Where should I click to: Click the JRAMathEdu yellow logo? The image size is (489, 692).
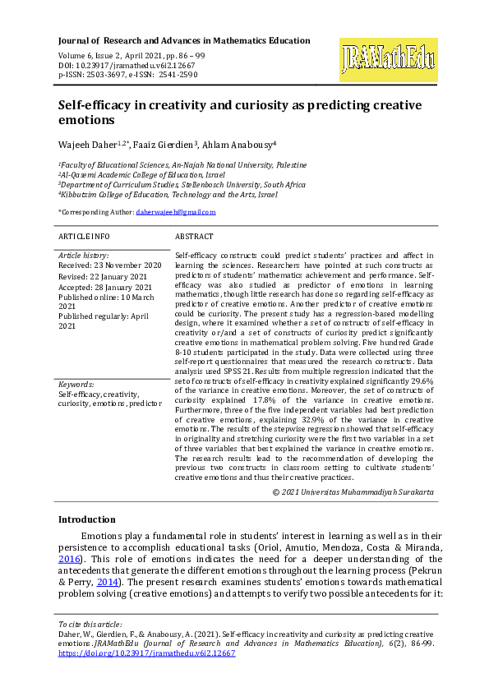pyautogui.click(x=388, y=59)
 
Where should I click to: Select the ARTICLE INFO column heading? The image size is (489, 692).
pyautogui.click(x=84, y=236)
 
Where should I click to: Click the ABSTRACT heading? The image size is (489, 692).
pyautogui.click(x=195, y=236)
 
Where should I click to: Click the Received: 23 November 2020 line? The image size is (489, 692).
pyautogui.click(x=109, y=265)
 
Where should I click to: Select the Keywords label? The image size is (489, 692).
pyautogui.click(x=76, y=385)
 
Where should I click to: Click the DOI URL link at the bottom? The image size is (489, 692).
pyautogui.click(x=147, y=653)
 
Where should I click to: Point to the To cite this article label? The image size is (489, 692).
pyautogui.click(x=90, y=625)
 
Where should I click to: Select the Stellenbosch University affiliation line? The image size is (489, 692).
pyautogui.click(x=182, y=185)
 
